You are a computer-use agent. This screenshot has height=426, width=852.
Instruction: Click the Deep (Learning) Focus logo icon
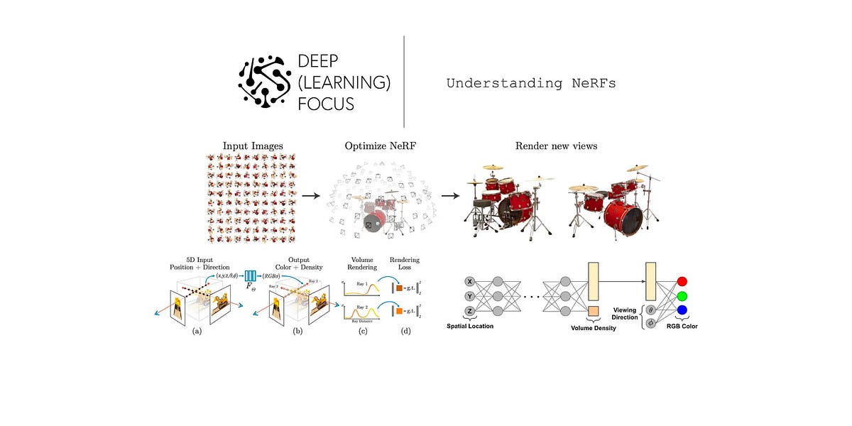(x=265, y=82)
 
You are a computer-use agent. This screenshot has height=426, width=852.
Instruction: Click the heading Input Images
(x=253, y=146)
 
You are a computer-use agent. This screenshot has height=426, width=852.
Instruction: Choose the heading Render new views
(x=556, y=146)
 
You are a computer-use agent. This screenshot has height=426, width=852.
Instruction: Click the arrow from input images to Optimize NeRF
(x=309, y=194)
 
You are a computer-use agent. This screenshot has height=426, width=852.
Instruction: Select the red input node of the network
(x=682, y=280)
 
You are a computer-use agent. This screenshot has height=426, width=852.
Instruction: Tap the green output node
(x=682, y=295)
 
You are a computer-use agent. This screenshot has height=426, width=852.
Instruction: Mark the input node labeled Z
(x=469, y=310)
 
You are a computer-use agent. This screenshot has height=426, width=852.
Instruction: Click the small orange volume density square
(x=594, y=310)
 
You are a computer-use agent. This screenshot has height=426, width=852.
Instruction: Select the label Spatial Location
(x=470, y=327)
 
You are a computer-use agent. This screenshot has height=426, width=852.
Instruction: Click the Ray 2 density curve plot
(x=362, y=311)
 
